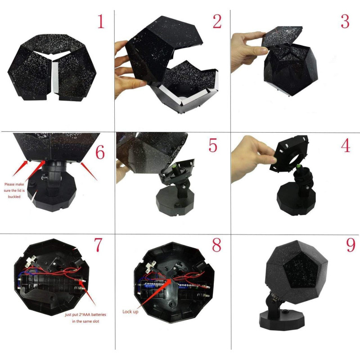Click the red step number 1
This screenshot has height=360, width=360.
tap(101, 21)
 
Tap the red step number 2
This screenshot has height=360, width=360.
tap(217, 21)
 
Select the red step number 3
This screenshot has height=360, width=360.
tap(345, 21)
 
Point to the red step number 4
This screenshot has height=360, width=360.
tap(346, 145)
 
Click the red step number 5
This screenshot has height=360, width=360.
tap(213, 145)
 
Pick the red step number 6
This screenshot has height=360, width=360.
tap(100, 152)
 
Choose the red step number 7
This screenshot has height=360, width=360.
tap(98, 245)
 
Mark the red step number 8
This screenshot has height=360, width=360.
tap(216, 245)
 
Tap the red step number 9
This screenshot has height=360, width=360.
tap(351, 245)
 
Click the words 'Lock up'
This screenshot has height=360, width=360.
tap(130, 311)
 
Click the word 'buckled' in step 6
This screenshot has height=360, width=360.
tap(14, 197)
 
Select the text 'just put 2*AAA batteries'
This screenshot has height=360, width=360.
tap(85, 315)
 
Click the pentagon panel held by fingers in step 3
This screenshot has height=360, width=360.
tap(282, 36)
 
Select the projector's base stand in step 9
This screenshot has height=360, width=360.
tap(282, 319)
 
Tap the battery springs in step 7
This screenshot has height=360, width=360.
tap(81, 284)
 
